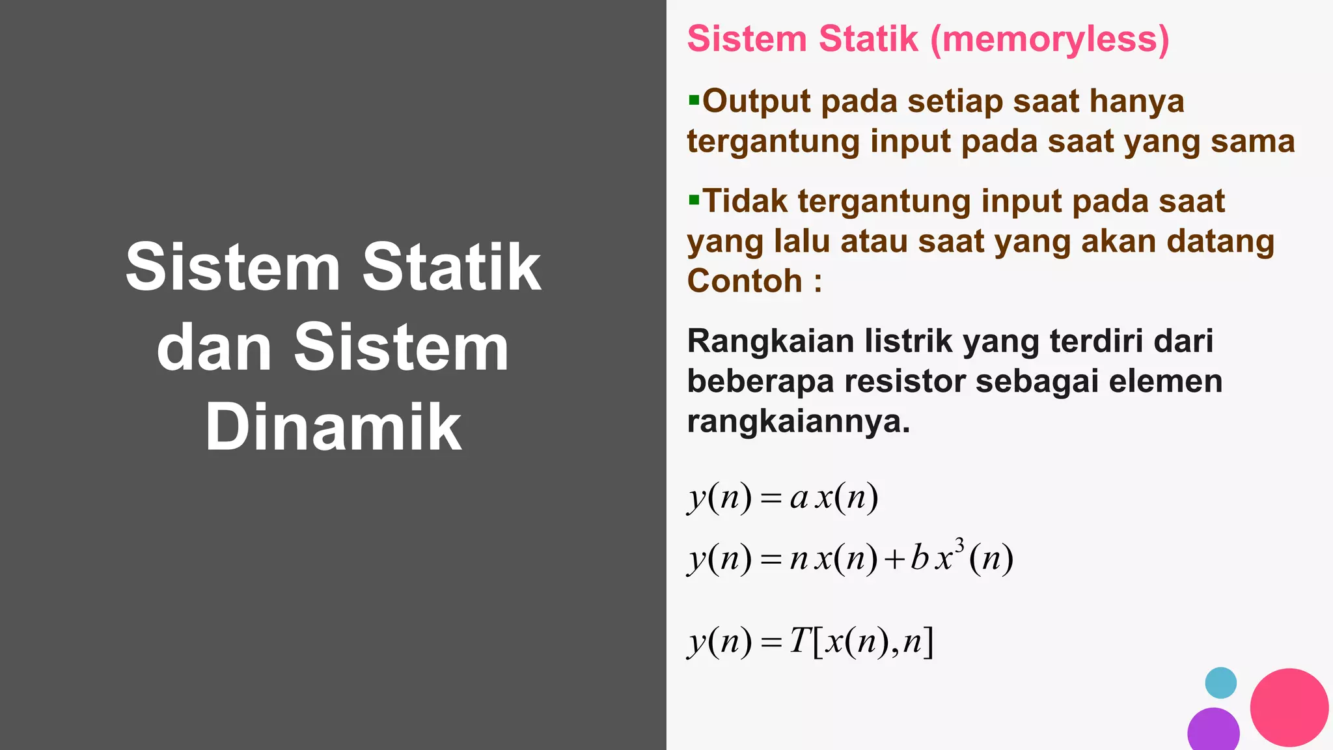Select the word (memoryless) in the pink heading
[1049, 39]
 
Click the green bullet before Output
[694, 100]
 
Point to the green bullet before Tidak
[694, 199]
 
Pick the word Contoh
[745, 281]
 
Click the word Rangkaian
[770, 341]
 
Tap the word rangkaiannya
[798, 421]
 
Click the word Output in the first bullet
[757, 102]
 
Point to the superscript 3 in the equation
[959, 545]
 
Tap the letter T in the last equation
[799, 641]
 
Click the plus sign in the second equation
[895, 559]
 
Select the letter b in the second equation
[919, 557]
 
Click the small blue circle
[1220, 683]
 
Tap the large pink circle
[1289, 707]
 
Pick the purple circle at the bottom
[1213, 730]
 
